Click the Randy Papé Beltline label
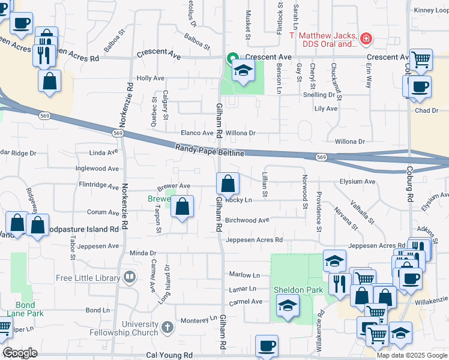209,151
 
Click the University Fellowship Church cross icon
167,328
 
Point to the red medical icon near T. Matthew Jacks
366,40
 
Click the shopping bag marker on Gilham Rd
228,184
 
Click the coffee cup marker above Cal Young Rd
267,346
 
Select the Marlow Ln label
244,275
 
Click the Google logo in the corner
20,353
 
